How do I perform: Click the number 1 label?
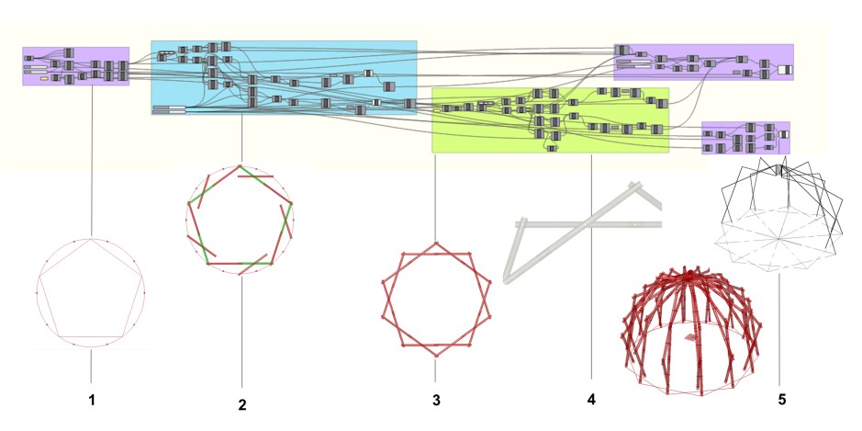coord(92,400)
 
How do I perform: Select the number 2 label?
coord(242,405)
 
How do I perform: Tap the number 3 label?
coord(436,400)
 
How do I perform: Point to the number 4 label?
coord(591,400)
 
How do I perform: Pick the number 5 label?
coord(782,400)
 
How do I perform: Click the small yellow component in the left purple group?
coord(45,80)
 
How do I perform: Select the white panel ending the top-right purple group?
coord(784,70)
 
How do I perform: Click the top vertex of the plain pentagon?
coord(91,239)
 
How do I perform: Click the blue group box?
coord(284,77)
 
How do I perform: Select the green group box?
coord(550,120)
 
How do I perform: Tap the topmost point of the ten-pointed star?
coord(436,243)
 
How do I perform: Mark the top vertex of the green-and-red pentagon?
coord(241,166)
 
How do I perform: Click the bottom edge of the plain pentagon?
coord(91,337)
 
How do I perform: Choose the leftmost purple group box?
coord(76,66)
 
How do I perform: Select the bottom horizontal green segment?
coord(257,264)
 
